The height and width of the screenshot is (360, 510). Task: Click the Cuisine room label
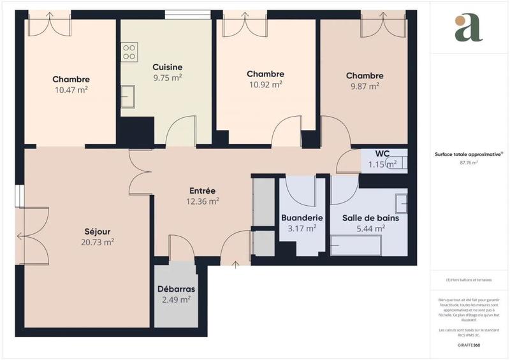tap(168, 67)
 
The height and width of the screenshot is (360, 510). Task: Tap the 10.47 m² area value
tap(71, 90)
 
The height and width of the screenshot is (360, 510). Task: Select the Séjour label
tap(98, 231)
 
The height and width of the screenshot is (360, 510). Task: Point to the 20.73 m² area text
tap(98, 242)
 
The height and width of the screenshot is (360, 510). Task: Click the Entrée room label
tap(203, 191)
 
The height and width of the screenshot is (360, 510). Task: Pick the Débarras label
tap(176, 289)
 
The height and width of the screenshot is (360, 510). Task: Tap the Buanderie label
tap(302, 217)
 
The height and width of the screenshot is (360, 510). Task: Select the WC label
tap(382, 154)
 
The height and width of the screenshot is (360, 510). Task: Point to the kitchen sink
tap(128, 97)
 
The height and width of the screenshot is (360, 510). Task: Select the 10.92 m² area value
tap(265, 85)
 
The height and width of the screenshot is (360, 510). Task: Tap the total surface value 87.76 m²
tap(469, 162)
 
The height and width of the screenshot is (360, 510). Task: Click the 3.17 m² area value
tap(302, 228)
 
